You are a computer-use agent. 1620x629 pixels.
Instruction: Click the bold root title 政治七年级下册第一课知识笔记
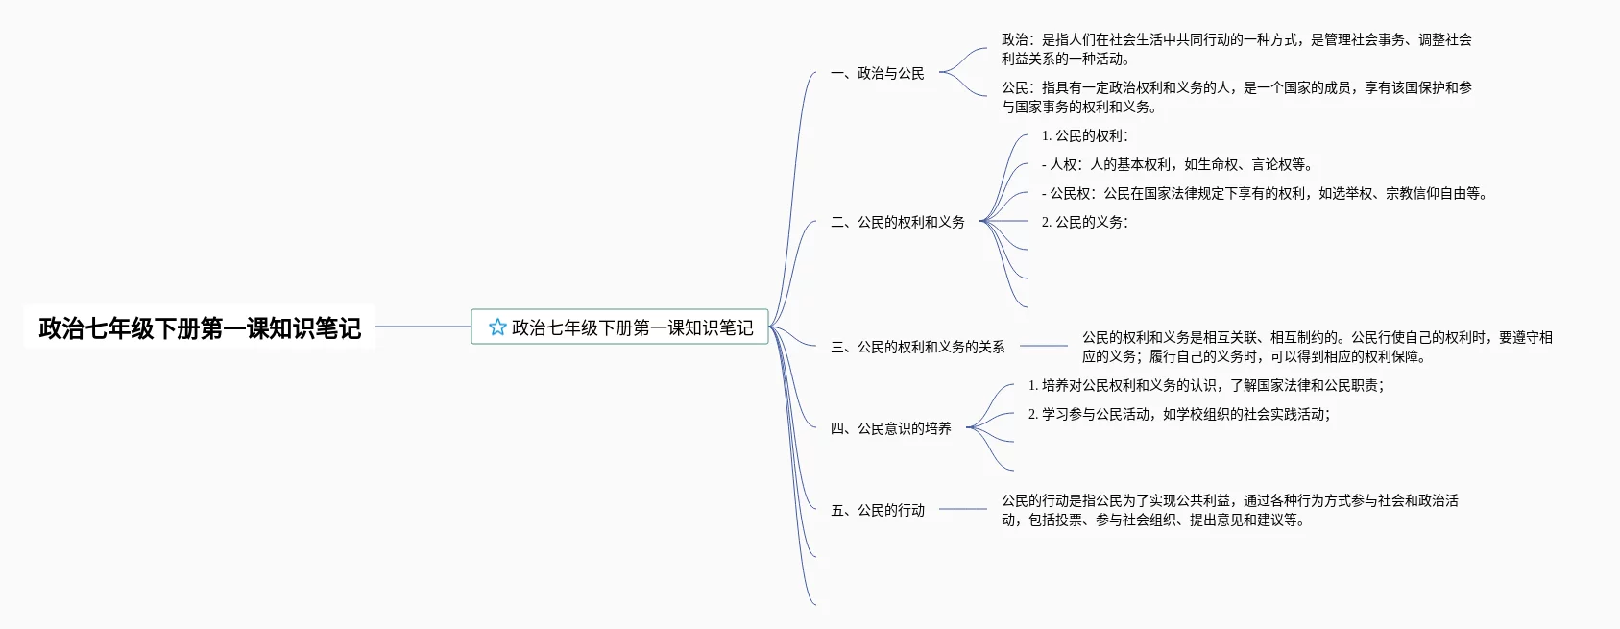tap(200, 328)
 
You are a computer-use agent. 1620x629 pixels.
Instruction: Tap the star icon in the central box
tap(497, 327)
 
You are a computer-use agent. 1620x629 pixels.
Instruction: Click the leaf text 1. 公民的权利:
tap(1085, 136)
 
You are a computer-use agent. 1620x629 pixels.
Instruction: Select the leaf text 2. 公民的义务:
tap(1085, 222)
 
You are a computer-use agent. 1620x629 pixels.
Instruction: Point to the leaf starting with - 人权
tap(1177, 164)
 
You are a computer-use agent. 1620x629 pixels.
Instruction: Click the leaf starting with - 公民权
tap(1265, 193)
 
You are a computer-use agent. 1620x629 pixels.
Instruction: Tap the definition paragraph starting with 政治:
tap(1236, 49)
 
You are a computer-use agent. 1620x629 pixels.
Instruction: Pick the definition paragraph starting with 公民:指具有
tap(1236, 97)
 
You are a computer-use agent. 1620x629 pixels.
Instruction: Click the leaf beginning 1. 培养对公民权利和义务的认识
tap(1206, 385)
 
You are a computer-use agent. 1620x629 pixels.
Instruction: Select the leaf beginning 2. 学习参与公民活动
tap(1179, 414)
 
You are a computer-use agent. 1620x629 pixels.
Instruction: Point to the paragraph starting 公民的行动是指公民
tap(1229, 510)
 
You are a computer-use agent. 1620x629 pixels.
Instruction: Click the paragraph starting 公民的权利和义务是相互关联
tap(1317, 347)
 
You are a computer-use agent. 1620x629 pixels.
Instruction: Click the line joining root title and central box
tap(423, 327)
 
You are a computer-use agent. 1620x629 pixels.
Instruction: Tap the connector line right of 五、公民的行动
tap(962, 509)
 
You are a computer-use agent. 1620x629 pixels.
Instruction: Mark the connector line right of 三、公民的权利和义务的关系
tap(1043, 346)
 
